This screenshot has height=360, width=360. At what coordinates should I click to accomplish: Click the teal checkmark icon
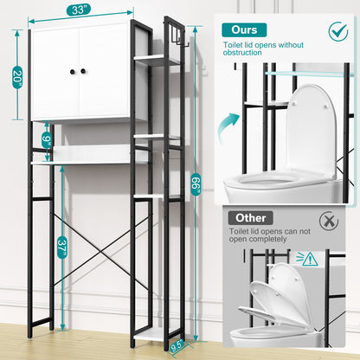pyautogui.click(x=338, y=32)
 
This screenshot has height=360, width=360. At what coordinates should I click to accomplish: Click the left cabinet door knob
pyautogui.click(x=73, y=72)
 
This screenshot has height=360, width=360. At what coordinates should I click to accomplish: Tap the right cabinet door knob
pyautogui.click(x=85, y=72)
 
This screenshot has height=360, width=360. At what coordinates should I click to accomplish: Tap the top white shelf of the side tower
pyautogui.click(x=158, y=61)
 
